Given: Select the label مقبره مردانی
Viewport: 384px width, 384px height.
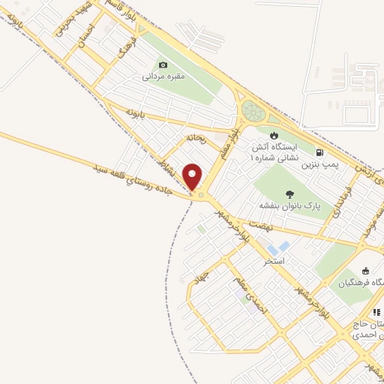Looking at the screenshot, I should pyautogui.click(x=163, y=76).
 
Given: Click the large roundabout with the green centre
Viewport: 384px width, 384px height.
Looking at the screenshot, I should pyautogui.click(x=253, y=113).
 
